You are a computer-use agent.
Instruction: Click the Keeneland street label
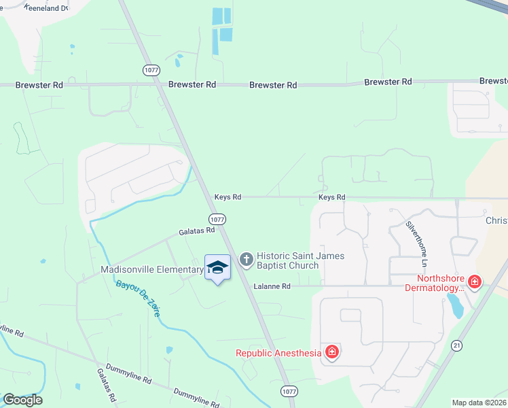[x=47, y=7]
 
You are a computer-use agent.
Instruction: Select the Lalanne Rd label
[x=272, y=286]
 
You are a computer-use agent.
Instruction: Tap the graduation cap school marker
[x=217, y=267]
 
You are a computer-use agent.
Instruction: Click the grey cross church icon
[x=246, y=259]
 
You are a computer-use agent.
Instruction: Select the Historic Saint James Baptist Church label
[x=300, y=260]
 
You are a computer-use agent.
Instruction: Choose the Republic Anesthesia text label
[x=278, y=352]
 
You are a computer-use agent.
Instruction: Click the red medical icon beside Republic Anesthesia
[x=332, y=352]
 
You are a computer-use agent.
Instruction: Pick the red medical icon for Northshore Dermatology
[x=475, y=282]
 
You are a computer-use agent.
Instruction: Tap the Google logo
[x=23, y=400]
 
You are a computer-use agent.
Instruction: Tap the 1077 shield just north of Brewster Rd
[x=151, y=70]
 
